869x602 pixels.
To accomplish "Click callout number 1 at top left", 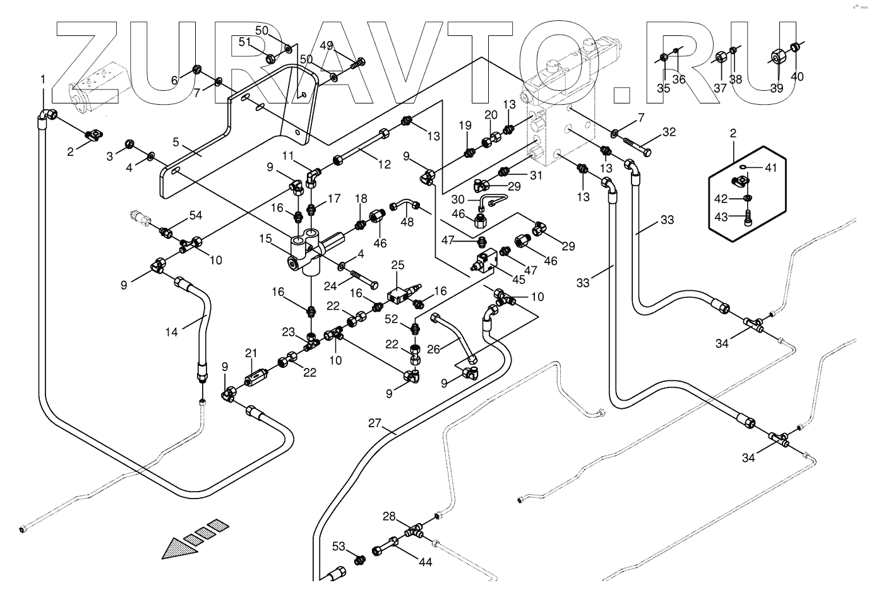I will [43, 80].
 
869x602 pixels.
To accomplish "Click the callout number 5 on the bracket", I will [176, 142].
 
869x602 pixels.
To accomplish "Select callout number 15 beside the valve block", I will [265, 240].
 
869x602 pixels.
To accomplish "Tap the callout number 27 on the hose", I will [375, 423].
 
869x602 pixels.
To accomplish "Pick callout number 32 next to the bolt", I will [669, 133].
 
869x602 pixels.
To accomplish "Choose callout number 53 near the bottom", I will [339, 546].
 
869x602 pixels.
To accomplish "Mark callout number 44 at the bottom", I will [426, 562].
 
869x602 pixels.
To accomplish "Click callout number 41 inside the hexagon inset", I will [772, 168].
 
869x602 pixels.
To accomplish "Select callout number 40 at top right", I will [797, 76].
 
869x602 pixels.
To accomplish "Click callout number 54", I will [196, 216].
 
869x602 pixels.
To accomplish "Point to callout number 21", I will [251, 353].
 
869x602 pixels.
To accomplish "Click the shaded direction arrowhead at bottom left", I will [177, 548].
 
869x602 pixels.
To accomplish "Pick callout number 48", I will [407, 222].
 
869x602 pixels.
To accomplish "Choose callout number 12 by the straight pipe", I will [385, 165].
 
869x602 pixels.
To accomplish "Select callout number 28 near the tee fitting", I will [389, 517].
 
